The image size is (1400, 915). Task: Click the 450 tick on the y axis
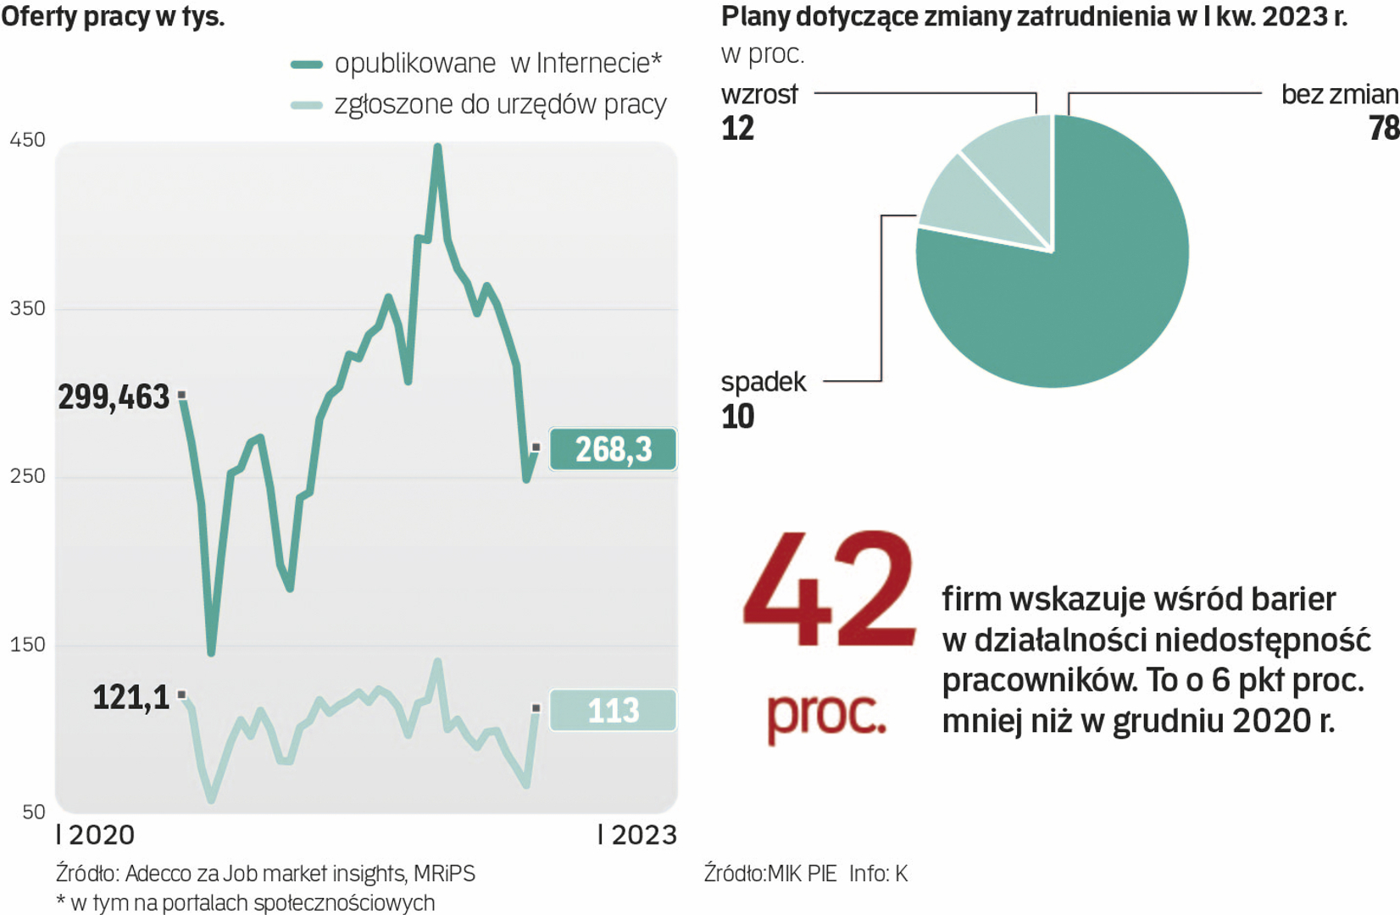click(27, 140)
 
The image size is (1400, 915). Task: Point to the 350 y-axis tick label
click(27, 308)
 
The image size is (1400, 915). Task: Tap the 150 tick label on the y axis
click(27, 645)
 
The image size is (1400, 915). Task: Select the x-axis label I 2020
click(95, 835)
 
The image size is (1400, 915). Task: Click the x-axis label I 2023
click(637, 835)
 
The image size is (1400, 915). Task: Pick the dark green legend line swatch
click(306, 64)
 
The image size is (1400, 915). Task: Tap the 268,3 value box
click(613, 449)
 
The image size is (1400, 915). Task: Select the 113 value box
click(613, 710)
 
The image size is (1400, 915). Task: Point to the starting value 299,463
click(114, 397)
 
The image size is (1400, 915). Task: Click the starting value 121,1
click(131, 697)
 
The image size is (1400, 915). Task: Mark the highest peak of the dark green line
click(437, 148)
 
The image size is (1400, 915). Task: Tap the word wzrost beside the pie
click(759, 94)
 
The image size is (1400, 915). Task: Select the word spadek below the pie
click(763, 382)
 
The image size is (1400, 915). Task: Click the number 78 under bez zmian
click(1383, 128)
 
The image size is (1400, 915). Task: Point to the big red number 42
click(829, 590)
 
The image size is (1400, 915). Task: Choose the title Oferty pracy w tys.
click(113, 16)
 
